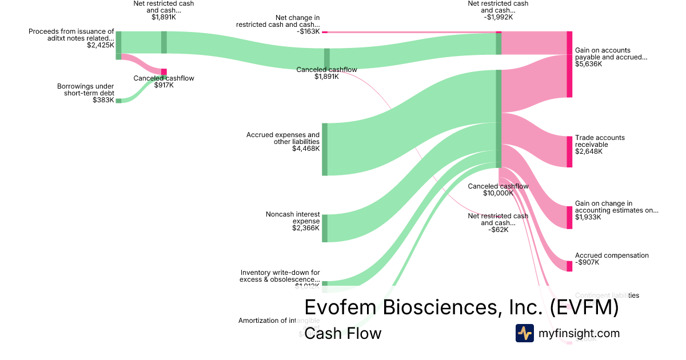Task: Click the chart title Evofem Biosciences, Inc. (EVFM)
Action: click(x=461, y=307)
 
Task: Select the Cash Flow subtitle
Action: click(x=342, y=333)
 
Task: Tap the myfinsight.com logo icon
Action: click(x=524, y=333)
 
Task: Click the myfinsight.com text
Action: click(x=579, y=333)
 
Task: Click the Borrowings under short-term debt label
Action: click(x=85, y=90)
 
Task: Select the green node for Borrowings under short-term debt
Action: click(x=118, y=101)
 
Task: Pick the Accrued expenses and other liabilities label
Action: click(x=283, y=138)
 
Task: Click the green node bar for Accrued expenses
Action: click(x=325, y=149)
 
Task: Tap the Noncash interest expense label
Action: click(x=292, y=218)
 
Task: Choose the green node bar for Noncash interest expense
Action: click(x=325, y=228)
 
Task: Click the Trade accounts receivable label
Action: click(x=600, y=141)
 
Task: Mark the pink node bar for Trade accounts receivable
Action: click(x=569, y=152)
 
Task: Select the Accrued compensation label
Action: click(x=612, y=255)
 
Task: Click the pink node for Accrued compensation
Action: click(x=569, y=266)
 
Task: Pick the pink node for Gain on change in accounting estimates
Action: click(x=569, y=217)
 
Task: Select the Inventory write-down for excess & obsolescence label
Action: click(x=280, y=276)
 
